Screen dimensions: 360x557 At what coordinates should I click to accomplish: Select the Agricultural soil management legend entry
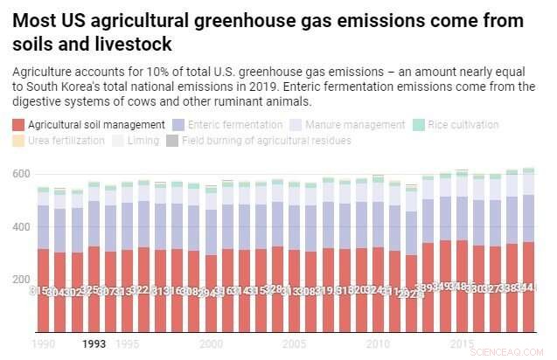click(87, 125)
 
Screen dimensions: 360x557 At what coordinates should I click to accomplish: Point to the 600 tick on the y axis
click(21, 175)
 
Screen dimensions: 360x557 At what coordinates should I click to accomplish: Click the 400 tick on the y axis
click(21, 227)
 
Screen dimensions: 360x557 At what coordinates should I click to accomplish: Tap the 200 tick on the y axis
click(21, 280)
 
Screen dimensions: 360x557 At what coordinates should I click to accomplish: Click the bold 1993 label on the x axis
click(94, 344)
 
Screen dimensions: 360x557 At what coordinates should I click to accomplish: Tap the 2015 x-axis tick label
click(461, 344)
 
